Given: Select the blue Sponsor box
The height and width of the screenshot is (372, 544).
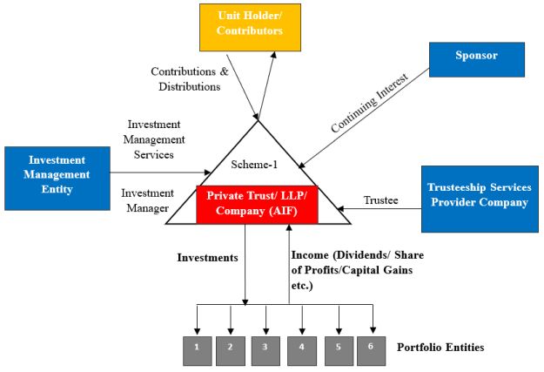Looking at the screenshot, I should tap(476, 57).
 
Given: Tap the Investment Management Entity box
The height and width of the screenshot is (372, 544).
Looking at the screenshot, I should tap(57, 174).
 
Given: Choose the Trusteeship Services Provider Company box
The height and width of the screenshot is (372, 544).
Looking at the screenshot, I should tap(477, 195).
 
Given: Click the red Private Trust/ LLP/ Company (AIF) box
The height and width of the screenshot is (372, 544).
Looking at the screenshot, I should tap(259, 204).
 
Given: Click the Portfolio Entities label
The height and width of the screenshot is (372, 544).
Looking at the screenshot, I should tap(440, 348).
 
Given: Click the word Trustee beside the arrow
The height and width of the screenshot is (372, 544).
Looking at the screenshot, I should tap(381, 200).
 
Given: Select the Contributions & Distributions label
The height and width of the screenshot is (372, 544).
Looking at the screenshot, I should tap(190, 78).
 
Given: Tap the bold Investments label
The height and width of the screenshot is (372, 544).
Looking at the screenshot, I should tap(207, 258).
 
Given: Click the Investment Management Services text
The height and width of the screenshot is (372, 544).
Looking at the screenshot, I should tap(156, 139).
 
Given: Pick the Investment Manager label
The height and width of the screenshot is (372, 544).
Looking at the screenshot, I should tap(144, 201).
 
